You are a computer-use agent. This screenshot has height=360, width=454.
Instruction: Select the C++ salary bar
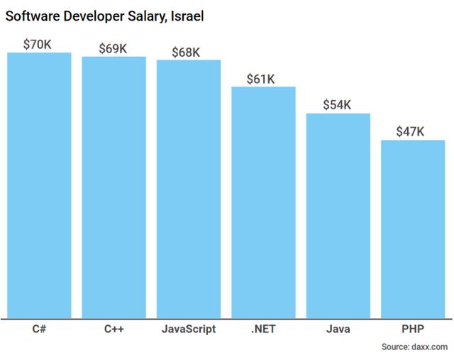click(114, 187)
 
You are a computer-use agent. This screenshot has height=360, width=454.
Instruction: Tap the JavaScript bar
click(189, 190)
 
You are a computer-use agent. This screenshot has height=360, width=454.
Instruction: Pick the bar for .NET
click(263, 203)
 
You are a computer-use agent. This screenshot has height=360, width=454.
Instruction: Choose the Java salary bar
click(338, 217)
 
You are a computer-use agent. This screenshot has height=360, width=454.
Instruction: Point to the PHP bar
click(413, 230)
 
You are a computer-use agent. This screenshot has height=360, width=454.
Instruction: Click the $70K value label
click(38, 44)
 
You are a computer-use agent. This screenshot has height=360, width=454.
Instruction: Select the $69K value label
click(113, 48)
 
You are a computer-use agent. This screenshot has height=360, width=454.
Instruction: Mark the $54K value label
click(337, 105)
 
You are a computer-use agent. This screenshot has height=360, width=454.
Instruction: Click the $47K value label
click(411, 131)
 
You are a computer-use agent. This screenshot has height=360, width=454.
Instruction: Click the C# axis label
click(40, 329)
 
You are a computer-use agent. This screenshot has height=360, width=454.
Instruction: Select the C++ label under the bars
click(114, 329)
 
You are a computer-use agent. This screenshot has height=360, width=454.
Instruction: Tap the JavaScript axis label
click(189, 329)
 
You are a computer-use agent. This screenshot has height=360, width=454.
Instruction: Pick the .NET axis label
click(263, 329)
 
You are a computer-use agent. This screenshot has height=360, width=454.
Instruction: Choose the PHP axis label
click(413, 329)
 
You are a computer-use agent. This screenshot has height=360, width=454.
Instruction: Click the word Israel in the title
click(185, 16)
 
